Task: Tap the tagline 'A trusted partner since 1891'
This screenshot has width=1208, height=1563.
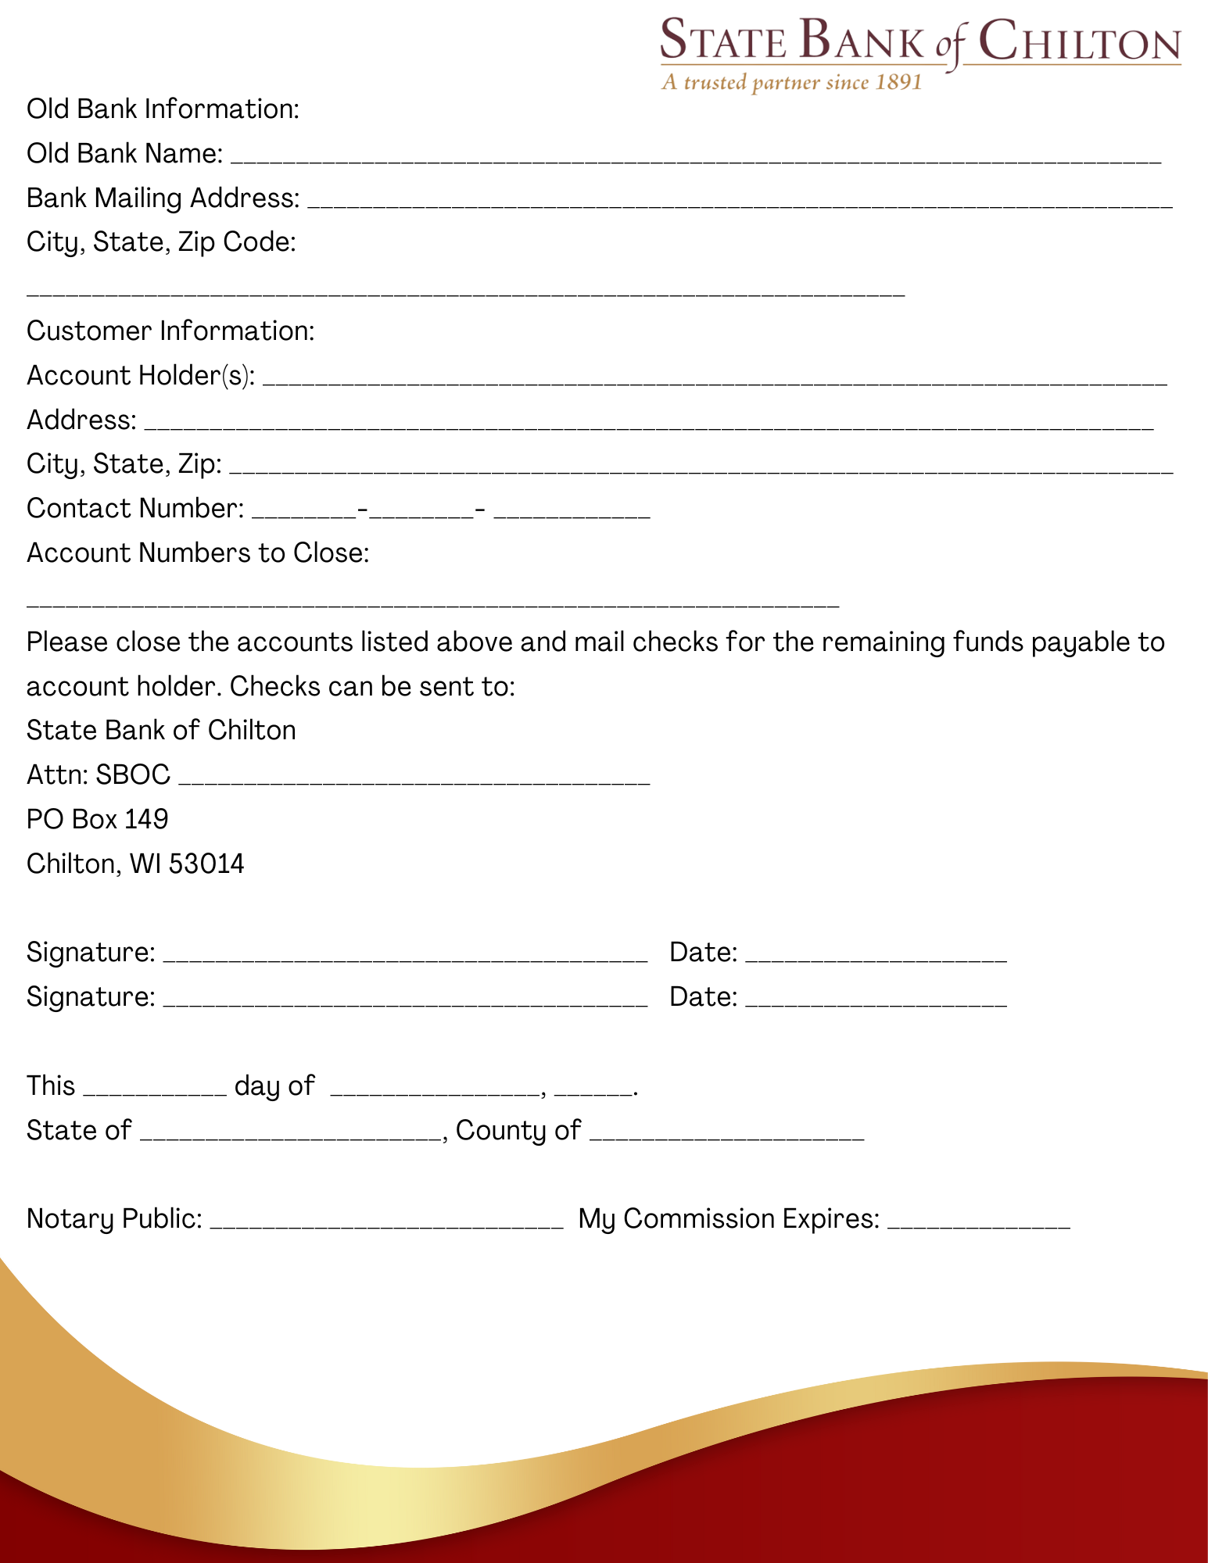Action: pyautogui.click(x=791, y=83)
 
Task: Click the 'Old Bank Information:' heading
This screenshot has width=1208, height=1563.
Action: pyautogui.click(x=163, y=109)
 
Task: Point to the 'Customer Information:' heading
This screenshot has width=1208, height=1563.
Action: pyautogui.click(x=170, y=331)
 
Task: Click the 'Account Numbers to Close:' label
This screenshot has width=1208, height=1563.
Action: pyautogui.click(x=198, y=553)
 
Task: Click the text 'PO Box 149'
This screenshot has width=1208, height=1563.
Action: pyautogui.click(x=98, y=819)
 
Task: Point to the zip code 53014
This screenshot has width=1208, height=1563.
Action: pyautogui.click(x=206, y=864)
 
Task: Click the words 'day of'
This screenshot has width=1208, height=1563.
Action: pyautogui.click(x=274, y=1086)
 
